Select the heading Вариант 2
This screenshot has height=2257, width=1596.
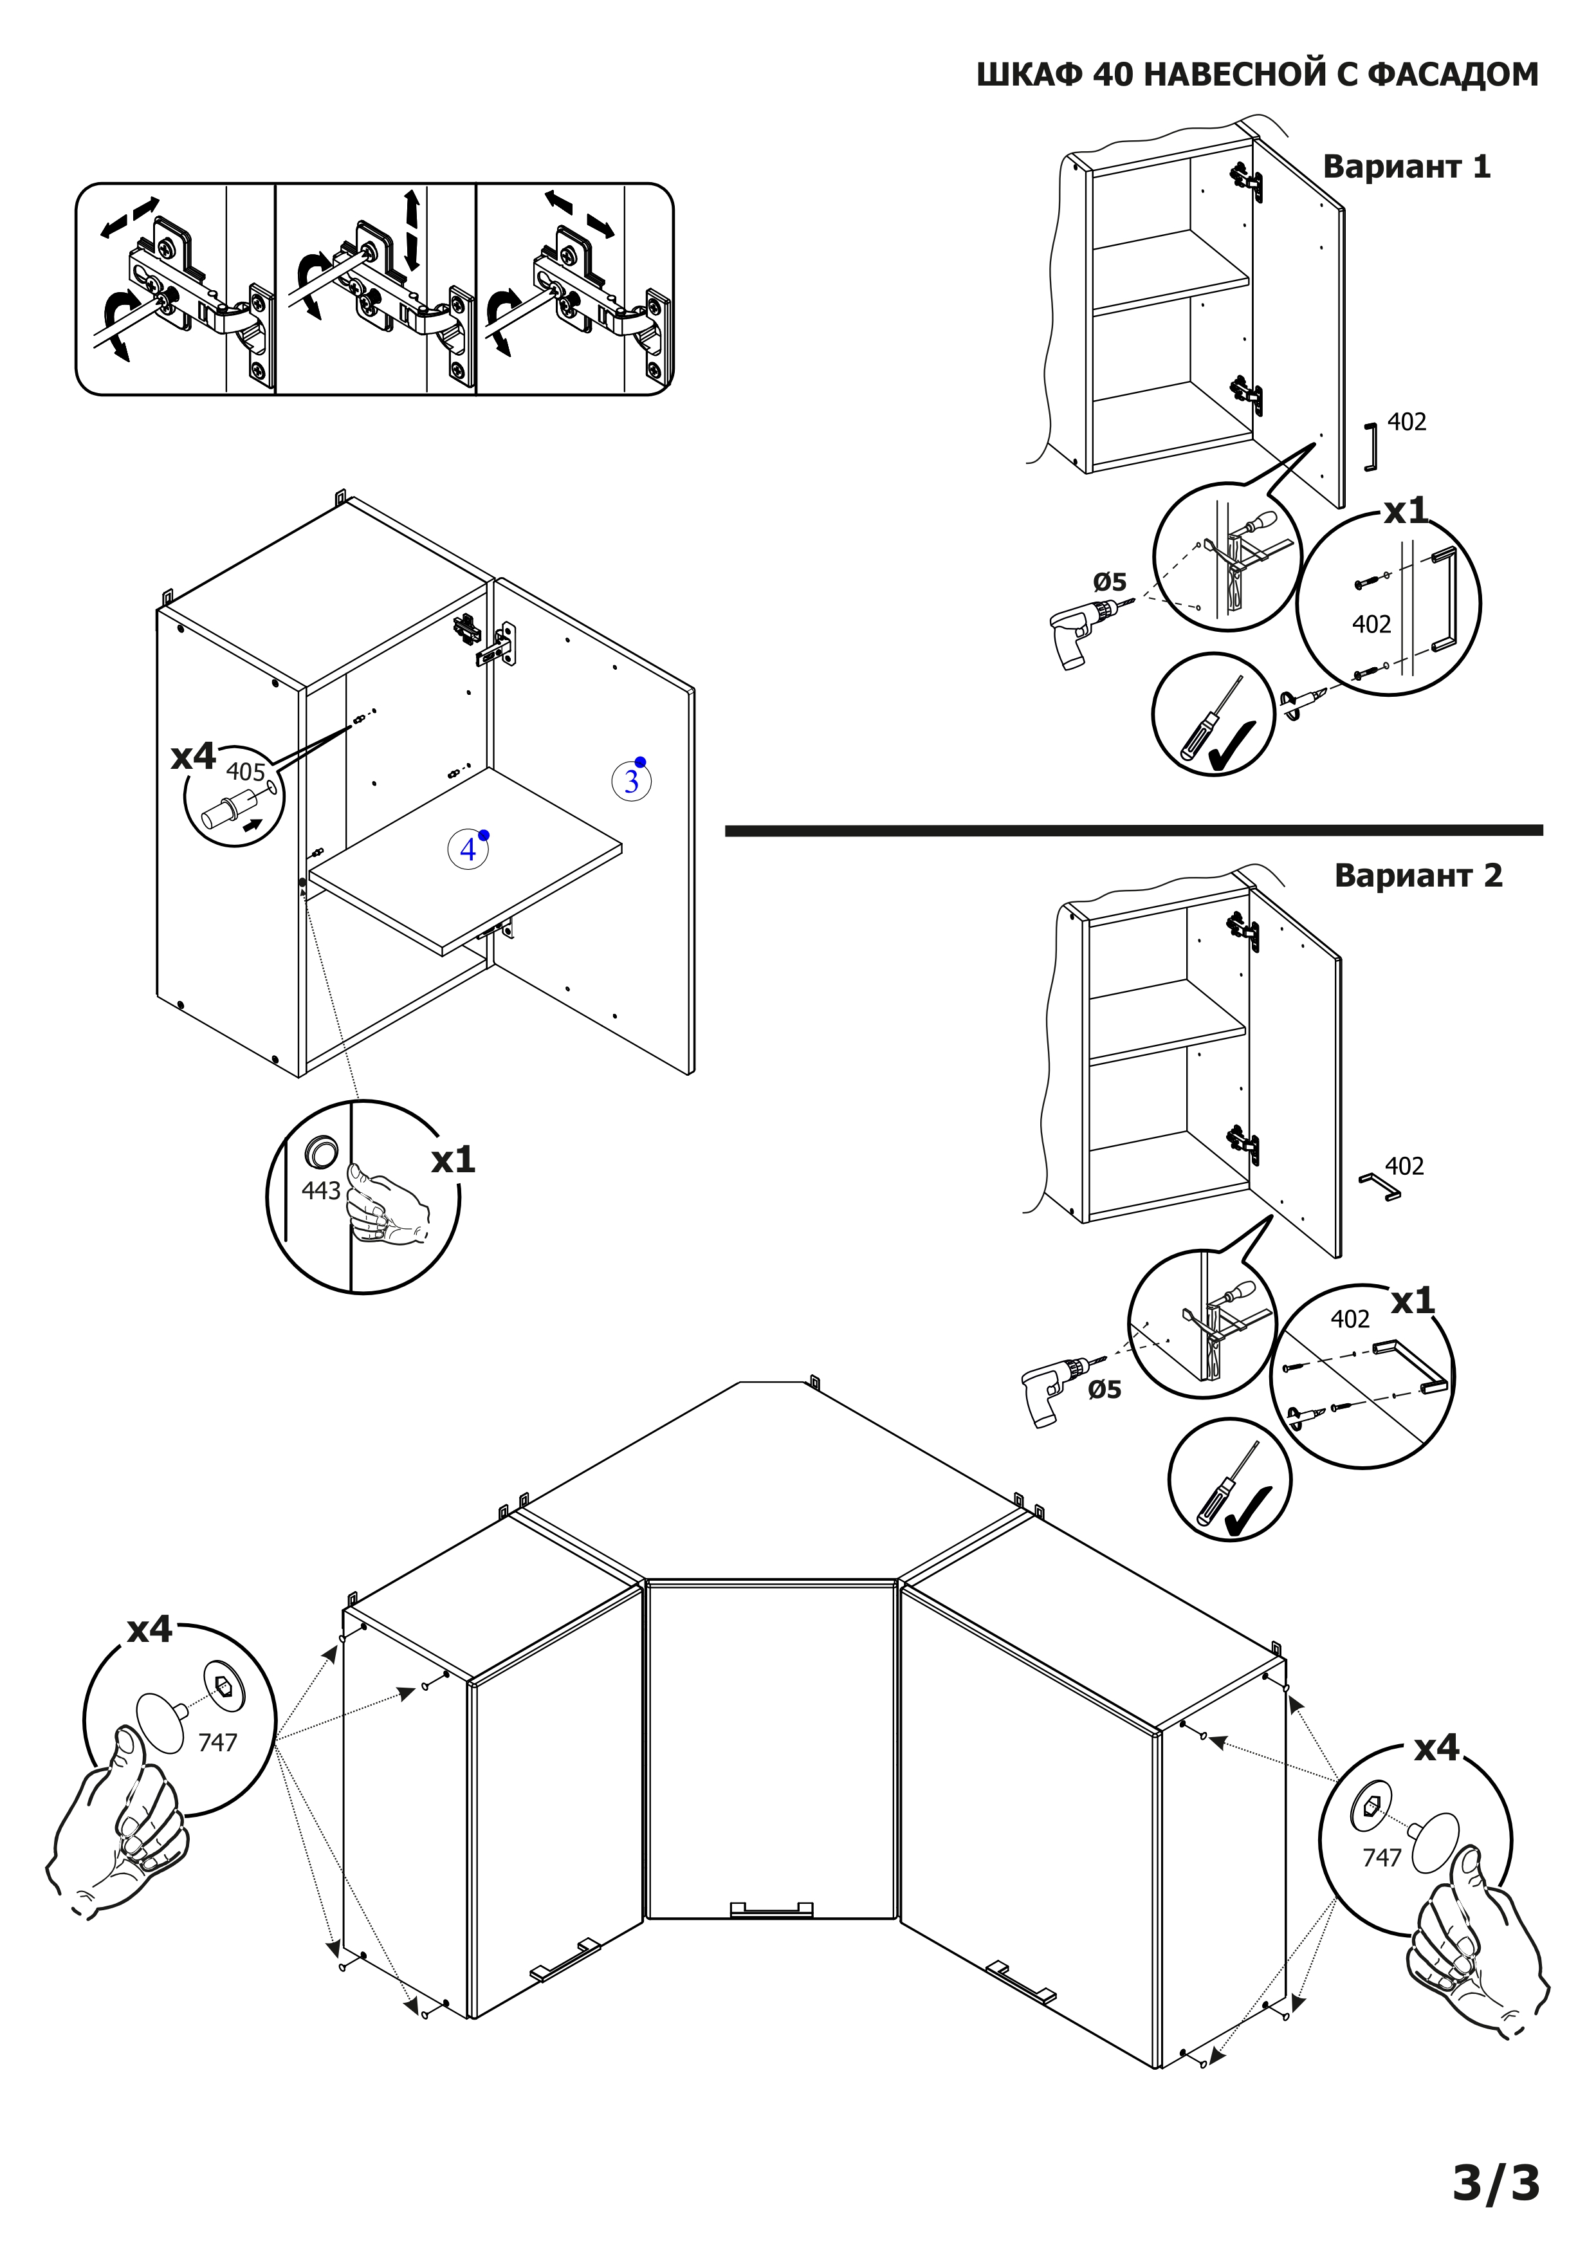pos(1418,876)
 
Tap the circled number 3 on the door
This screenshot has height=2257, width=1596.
pos(631,782)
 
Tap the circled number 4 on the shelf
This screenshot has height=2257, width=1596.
pos(468,849)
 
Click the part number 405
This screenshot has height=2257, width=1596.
pos(246,771)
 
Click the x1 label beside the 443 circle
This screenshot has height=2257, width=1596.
pos(453,1161)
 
